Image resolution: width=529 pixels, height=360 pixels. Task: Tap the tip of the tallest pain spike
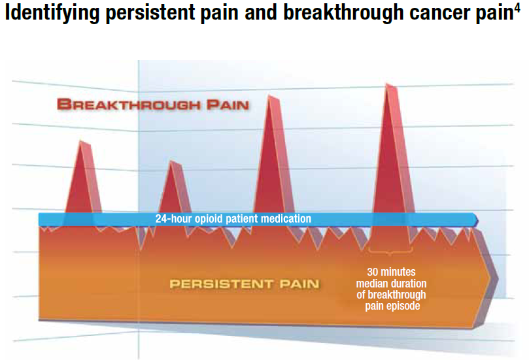pyautogui.click(x=387, y=84)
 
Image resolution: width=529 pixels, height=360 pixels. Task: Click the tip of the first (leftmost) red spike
pyautogui.click(x=80, y=141)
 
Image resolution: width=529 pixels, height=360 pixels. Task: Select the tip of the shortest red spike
pyautogui.click(x=171, y=161)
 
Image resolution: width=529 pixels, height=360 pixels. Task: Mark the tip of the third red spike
pyautogui.click(x=269, y=95)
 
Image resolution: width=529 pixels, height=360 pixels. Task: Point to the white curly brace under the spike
pyautogui.click(x=388, y=252)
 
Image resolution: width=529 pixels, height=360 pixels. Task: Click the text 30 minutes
pyautogui.click(x=391, y=271)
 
